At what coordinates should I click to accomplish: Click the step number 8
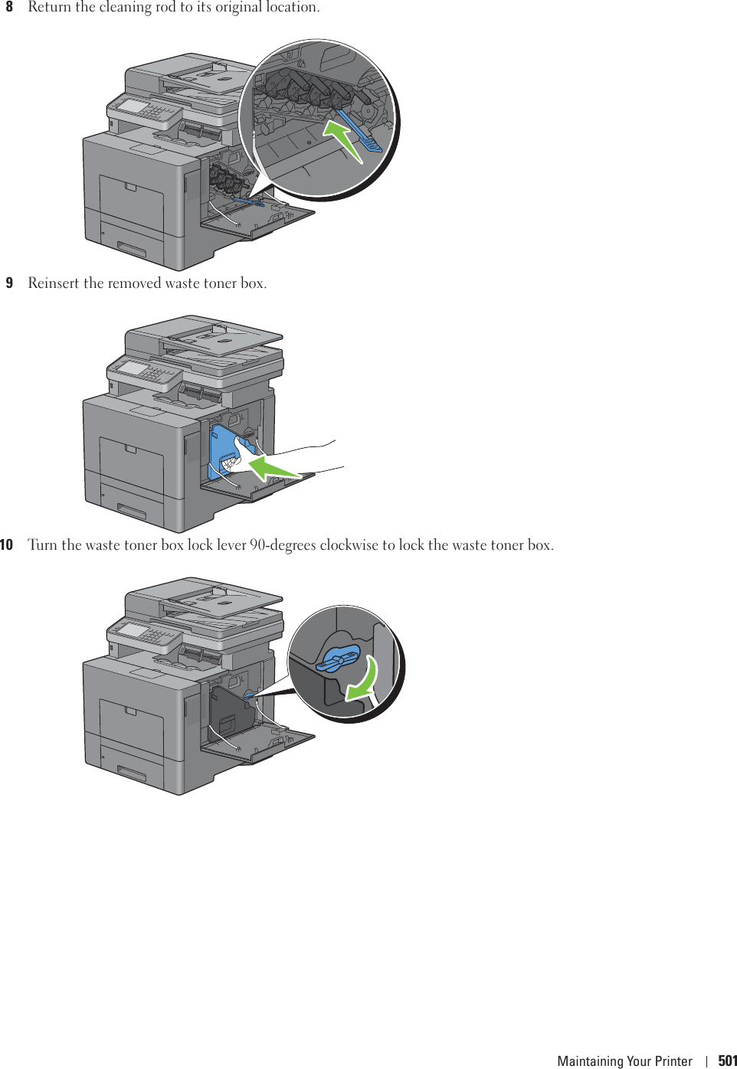[9, 8]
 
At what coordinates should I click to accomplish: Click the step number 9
[9, 283]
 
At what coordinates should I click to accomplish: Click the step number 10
[7, 545]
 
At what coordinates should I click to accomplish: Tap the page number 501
[727, 1061]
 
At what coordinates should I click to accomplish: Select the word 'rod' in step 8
[165, 8]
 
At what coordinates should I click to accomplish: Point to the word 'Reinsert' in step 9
[54, 283]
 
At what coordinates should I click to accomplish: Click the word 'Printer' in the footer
[674, 1061]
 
